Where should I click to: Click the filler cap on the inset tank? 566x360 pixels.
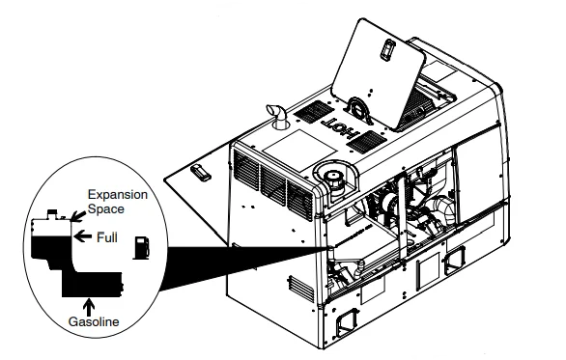coord(49,211)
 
